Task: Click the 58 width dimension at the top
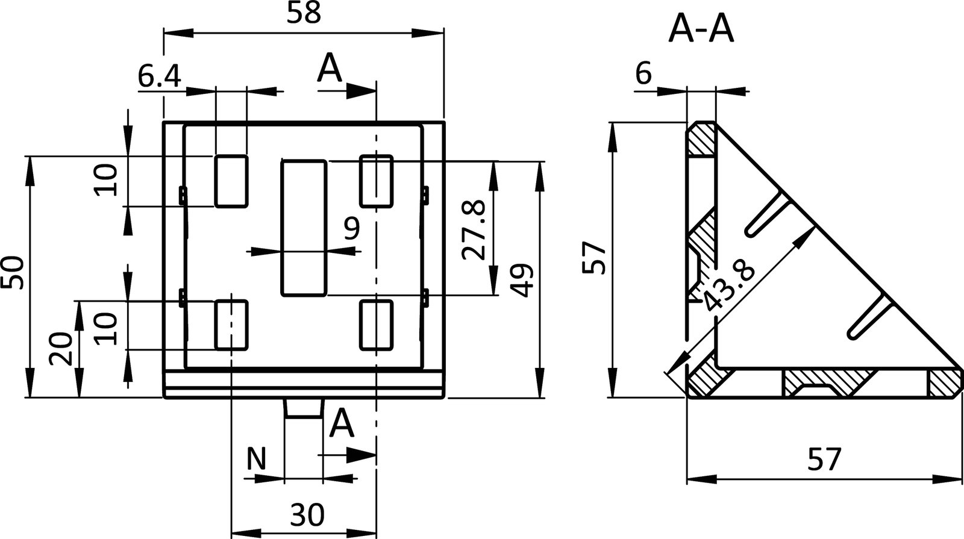303,14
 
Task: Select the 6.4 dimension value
158,76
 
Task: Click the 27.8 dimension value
474,229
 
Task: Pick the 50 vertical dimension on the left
13,272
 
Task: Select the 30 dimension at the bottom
307,515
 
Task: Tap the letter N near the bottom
256,460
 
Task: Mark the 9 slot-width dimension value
351,229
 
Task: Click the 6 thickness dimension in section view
643,75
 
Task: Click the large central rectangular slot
304,228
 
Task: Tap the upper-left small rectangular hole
231,181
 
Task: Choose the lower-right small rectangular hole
377,325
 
